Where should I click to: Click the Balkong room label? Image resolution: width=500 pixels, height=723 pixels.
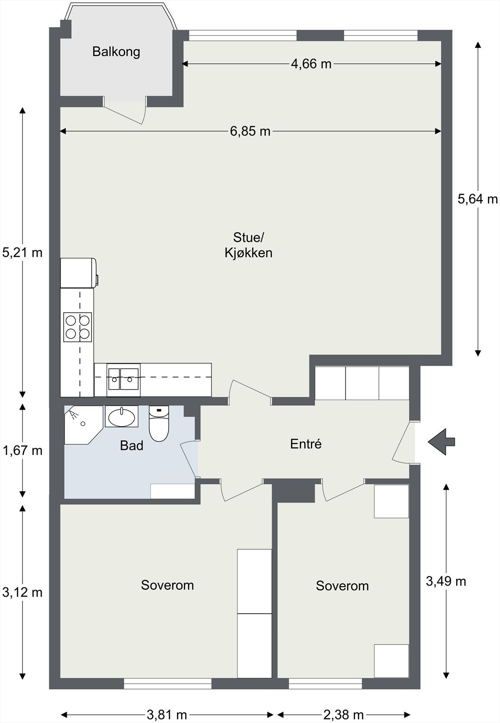click(x=116, y=52)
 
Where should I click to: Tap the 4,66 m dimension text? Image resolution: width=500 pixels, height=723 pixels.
click(x=311, y=64)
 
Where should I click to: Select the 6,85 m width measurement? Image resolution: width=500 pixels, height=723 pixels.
click(x=250, y=131)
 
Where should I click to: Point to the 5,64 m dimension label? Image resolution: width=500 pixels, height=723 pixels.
click(x=478, y=199)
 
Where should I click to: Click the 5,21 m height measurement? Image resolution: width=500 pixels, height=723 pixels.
click(x=22, y=253)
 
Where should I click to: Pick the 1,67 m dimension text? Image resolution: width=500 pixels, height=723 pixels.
click(x=22, y=450)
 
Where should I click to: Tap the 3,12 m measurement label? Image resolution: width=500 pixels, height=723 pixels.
click(x=22, y=592)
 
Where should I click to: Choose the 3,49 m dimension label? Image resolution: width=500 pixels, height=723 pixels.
click(x=446, y=581)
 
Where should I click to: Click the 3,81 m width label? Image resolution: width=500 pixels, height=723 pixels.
click(x=167, y=715)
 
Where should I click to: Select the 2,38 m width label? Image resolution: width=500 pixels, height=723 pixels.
click(x=344, y=715)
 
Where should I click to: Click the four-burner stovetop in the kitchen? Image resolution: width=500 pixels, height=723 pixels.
click(x=77, y=327)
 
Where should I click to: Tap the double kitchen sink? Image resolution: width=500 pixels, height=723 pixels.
click(x=124, y=380)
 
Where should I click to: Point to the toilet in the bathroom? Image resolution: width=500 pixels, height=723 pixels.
click(x=159, y=423)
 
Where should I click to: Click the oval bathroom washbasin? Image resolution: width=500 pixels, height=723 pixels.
click(x=121, y=417)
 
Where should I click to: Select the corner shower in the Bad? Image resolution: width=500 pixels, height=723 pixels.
click(x=83, y=425)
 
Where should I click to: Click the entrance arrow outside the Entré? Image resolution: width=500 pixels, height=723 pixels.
click(x=441, y=442)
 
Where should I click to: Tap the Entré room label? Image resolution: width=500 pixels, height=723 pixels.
click(x=306, y=444)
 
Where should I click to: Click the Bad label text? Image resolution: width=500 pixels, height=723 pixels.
click(x=131, y=446)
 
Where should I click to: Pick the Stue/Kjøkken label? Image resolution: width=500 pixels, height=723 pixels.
click(x=248, y=245)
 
